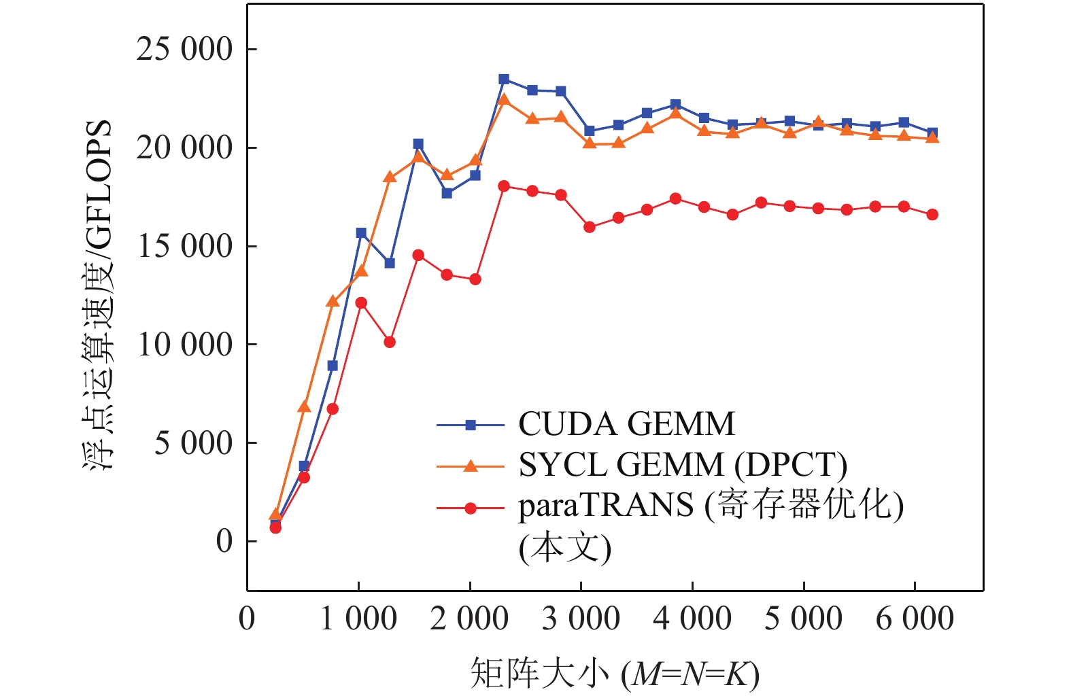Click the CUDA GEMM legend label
click(x=626, y=424)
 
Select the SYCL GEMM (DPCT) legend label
click(x=683, y=465)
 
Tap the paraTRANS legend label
click(x=711, y=506)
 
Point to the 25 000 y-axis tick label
click(x=184, y=50)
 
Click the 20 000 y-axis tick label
click(x=184, y=147)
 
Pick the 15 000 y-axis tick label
click(x=184, y=246)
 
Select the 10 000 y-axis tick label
click(x=184, y=345)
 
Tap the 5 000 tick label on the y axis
click(x=193, y=443)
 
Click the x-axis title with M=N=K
click(x=615, y=673)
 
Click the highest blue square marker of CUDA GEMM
click(x=504, y=80)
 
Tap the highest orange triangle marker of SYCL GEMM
click(x=504, y=100)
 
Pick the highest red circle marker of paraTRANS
click(x=504, y=186)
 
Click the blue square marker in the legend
click(x=471, y=425)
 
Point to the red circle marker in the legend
click(x=471, y=508)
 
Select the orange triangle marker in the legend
click(x=471, y=466)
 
